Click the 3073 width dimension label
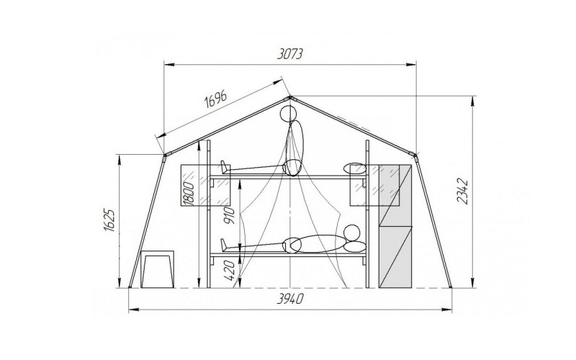click(x=290, y=53)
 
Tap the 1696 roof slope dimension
click(x=215, y=98)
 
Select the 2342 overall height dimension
click(x=463, y=191)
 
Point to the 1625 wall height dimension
click(x=110, y=220)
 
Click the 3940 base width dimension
click(x=290, y=299)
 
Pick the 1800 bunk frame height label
click(x=188, y=193)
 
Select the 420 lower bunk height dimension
click(x=229, y=270)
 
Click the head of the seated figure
click(x=288, y=114)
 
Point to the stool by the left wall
click(x=158, y=269)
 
